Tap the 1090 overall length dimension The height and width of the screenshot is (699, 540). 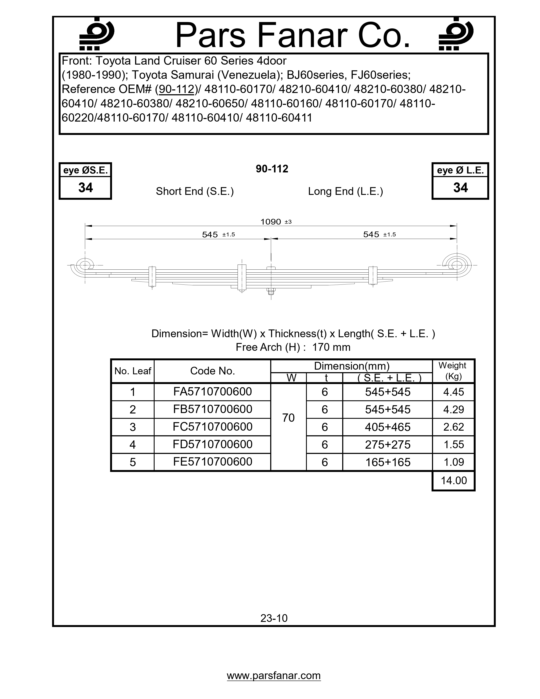(x=271, y=222)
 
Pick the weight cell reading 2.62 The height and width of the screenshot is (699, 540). (x=453, y=427)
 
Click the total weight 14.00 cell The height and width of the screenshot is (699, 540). (x=454, y=480)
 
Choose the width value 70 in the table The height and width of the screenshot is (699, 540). (x=288, y=418)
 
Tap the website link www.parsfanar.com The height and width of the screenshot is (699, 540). (x=274, y=676)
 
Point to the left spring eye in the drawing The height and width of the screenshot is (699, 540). (x=85, y=265)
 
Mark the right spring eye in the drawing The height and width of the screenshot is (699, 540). (x=457, y=265)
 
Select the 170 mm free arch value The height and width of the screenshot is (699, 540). (x=331, y=347)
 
